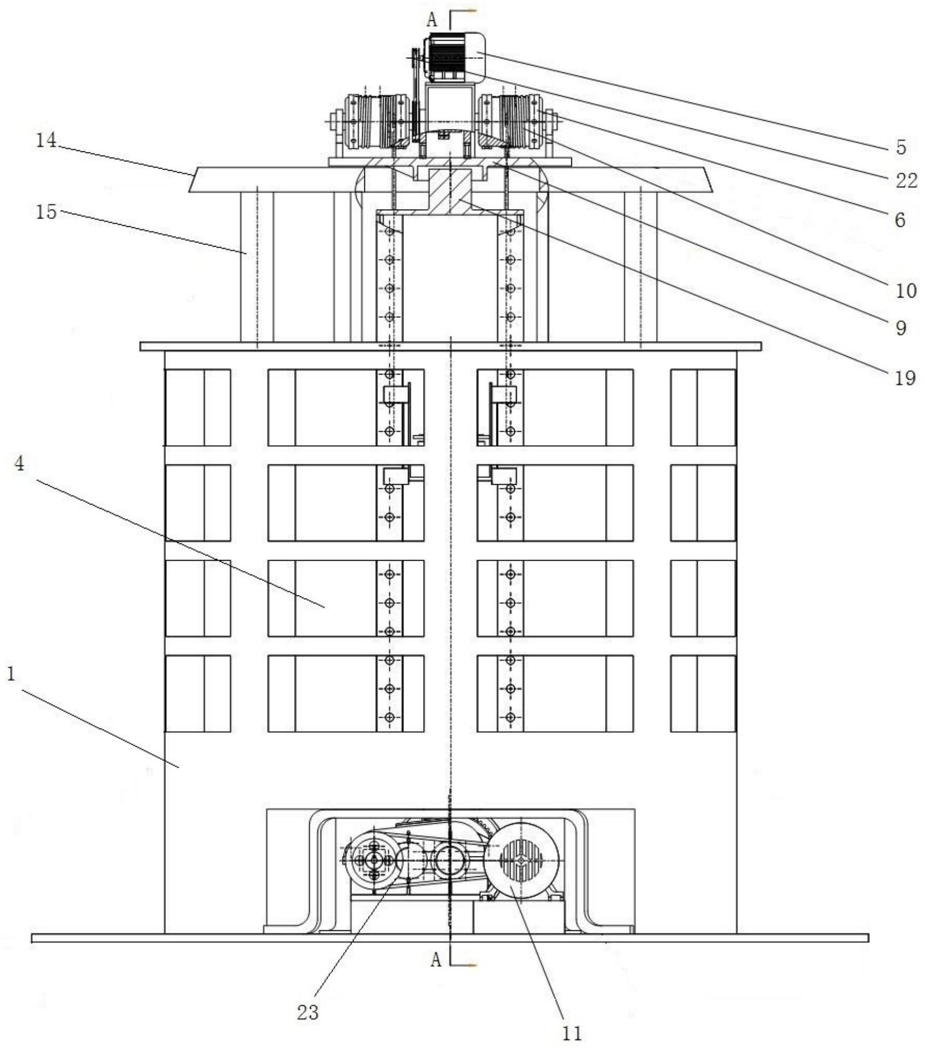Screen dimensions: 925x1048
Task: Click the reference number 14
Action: click(x=45, y=141)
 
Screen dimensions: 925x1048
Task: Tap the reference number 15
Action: click(x=46, y=212)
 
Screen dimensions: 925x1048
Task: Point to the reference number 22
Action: click(x=907, y=181)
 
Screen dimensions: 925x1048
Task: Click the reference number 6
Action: click(x=900, y=219)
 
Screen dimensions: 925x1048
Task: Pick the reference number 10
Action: click(x=906, y=291)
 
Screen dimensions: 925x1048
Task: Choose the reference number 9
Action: click(x=900, y=328)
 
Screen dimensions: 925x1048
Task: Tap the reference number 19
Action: click(x=905, y=379)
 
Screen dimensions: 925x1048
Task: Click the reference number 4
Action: click(x=19, y=464)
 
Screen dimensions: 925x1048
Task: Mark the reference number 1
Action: click(x=11, y=674)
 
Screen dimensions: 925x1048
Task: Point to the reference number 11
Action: click(x=572, y=1034)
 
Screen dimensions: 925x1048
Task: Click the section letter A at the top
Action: click(x=432, y=20)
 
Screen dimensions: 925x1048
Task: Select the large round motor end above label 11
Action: click(x=521, y=860)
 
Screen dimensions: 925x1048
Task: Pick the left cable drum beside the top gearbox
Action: click(x=378, y=121)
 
